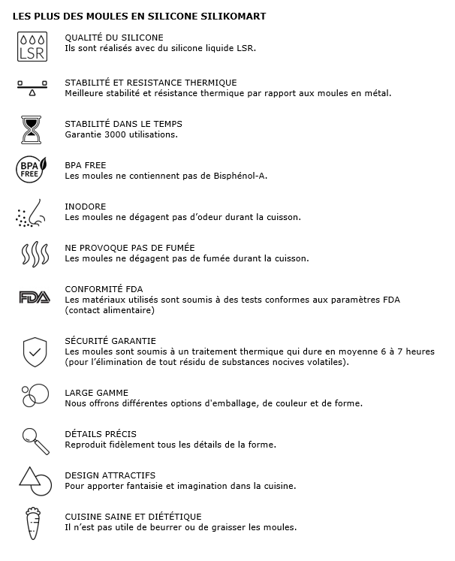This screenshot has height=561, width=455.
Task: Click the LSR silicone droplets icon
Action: tap(32, 46)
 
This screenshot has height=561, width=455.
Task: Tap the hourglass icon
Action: tap(32, 128)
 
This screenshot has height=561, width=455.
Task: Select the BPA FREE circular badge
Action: tap(32, 170)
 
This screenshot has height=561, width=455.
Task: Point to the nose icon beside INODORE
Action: tap(32, 213)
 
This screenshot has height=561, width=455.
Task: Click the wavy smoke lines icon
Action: tap(32, 254)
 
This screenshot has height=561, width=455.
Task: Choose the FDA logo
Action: tap(34, 297)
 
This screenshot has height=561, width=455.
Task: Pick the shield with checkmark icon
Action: tap(35, 351)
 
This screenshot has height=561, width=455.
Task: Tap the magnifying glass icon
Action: tap(35, 440)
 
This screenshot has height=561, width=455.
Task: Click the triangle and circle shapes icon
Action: tap(35, 481)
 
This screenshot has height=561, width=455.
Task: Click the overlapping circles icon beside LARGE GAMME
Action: tap(35, 396)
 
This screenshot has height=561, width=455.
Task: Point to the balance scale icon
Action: tap(32, 87)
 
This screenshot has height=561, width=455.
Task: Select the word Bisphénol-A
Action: tap(236, 176)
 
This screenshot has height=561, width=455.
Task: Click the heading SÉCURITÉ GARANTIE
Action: tap(110, 341)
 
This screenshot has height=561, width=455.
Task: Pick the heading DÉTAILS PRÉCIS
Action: tap(101, 434)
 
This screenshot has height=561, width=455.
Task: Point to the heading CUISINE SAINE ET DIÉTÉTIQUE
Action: tap(134, 517)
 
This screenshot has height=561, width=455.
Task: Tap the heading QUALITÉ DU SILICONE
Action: tap(114, 38)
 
